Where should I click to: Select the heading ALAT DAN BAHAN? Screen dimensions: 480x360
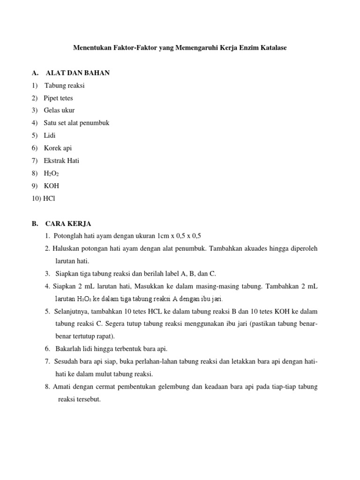point(78,73)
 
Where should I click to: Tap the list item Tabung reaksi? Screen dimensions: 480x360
point(65,86)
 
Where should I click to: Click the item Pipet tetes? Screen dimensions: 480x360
point(59,98)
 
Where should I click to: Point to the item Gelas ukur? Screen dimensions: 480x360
point(59,111)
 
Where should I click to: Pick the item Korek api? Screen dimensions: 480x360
point(58,148)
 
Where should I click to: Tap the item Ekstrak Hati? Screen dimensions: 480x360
point(61,161)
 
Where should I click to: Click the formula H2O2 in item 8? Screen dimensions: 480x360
point(51,173)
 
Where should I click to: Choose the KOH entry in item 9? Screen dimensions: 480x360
point(52,186)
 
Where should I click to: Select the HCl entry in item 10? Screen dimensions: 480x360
point(49,198)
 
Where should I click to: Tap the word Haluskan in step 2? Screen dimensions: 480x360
point(65,248)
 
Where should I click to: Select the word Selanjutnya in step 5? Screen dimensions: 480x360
point(73,311)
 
